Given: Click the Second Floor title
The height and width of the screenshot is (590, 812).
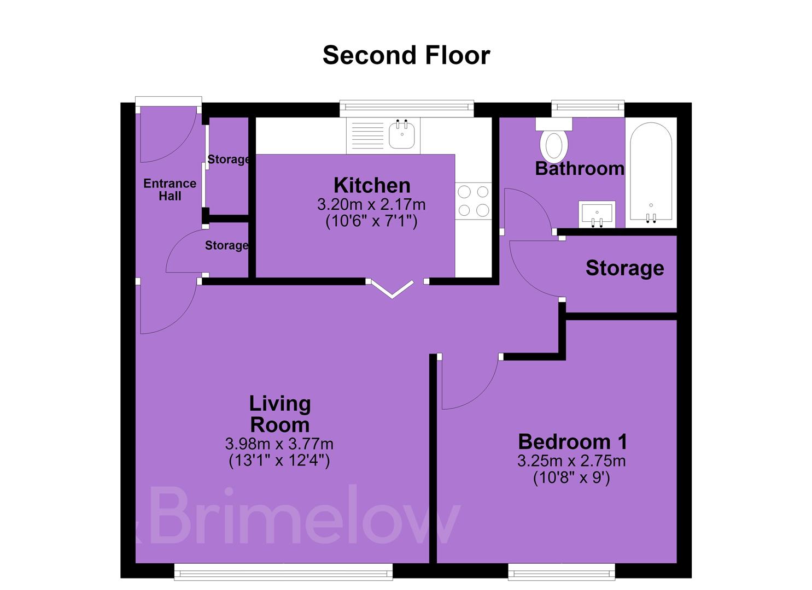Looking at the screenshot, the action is [406, 55].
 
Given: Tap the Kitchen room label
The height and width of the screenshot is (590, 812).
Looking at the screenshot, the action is [372, 185].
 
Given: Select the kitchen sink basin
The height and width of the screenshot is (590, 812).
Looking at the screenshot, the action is [402, 135].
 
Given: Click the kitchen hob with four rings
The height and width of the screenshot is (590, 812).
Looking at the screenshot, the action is [474, 200].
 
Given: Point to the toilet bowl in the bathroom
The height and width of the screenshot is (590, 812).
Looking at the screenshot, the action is [553, 146].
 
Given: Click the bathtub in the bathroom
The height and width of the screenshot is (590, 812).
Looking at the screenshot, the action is [651, 173].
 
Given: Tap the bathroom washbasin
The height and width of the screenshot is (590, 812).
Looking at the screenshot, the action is [597, 214].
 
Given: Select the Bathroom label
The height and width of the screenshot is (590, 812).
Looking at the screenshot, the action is [580, 169].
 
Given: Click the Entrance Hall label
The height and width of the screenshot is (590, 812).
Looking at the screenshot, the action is [170, 190].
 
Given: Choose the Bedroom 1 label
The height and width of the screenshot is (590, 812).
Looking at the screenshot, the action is [573, 442].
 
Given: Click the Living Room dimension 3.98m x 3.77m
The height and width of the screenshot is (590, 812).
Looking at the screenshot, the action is [279, 444].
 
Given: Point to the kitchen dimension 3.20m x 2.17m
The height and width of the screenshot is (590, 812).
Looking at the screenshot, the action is [371, 205].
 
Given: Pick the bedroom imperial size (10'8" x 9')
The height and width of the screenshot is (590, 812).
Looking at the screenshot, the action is [571, 478].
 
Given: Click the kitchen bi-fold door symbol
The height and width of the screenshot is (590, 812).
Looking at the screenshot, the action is [392, 290].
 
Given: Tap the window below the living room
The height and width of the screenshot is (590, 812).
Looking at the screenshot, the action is [283, 571].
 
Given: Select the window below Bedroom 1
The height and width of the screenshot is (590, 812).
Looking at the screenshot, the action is [562, 571].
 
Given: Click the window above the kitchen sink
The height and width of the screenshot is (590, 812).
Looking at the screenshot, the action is [407, 108].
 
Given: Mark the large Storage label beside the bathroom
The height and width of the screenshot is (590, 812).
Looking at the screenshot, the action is [625, 268].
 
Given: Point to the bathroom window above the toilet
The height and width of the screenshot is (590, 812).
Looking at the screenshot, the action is [588, 108].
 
